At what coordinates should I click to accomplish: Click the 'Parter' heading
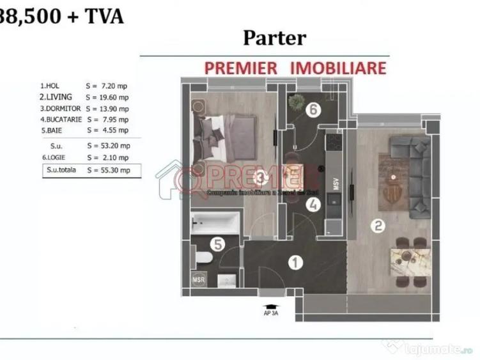coord(274,37)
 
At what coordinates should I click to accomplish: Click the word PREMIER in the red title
coord(240,67)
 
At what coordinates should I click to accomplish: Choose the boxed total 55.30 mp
coord(113,170)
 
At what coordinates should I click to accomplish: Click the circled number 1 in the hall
coord(295,262)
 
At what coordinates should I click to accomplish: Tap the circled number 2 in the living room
coord(378,225)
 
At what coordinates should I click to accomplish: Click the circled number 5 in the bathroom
coord(217,244)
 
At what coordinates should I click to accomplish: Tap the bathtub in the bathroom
coord(215,223)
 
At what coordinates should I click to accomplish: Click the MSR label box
coord(199,280)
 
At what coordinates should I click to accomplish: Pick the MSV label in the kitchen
coord(335,184)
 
